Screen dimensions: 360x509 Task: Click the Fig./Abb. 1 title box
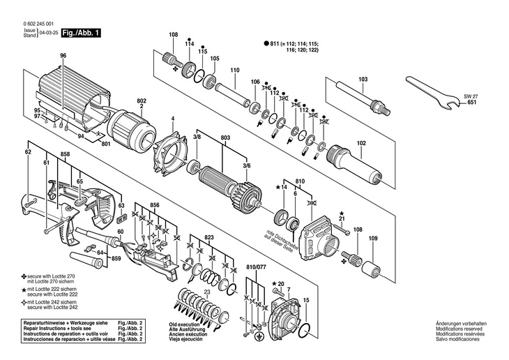tap(82, 32)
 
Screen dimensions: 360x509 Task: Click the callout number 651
tap(472, 103)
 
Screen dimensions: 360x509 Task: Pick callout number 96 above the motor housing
tap(63, 55)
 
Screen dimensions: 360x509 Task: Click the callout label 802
tap(142, 100)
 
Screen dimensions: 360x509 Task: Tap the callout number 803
tap(225, 139)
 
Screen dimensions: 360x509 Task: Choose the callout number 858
tap(66, 153)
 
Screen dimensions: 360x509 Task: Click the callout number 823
tap(208, 237)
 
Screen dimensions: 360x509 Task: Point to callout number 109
tap(372, 239)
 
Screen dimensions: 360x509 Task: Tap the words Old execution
tap(185, 324)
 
